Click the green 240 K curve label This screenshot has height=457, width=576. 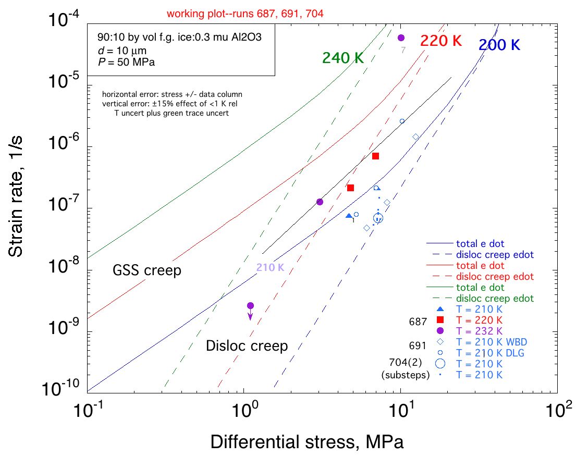(342, 58)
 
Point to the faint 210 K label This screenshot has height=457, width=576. (269, 268)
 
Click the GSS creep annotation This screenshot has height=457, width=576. (147, 271)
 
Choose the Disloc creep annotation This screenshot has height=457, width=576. (247, 345)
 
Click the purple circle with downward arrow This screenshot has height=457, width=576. (250, 306)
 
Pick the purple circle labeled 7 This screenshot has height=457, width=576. (401, 38)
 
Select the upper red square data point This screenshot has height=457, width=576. (375, 156)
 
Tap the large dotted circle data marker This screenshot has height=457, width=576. (378, 219)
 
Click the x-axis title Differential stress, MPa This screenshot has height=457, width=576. (307, 442)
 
